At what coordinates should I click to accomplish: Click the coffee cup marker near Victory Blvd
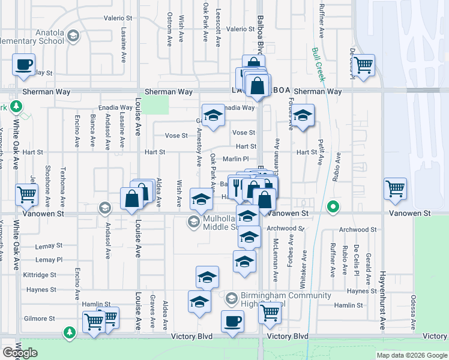coord(232,320)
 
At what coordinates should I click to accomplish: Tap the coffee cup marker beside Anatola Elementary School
coord(23,64)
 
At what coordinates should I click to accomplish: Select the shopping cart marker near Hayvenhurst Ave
coord(395,188)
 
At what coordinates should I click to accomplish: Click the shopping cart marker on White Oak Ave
coord(26,194)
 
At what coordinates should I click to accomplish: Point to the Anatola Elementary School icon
coord(73,36)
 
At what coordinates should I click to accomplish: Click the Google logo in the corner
coord(20,353)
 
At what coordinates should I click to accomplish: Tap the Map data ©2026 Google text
coord(411,355)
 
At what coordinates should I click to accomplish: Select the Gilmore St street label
coord(39,319)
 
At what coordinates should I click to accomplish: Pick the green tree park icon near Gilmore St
coord(70,332)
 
